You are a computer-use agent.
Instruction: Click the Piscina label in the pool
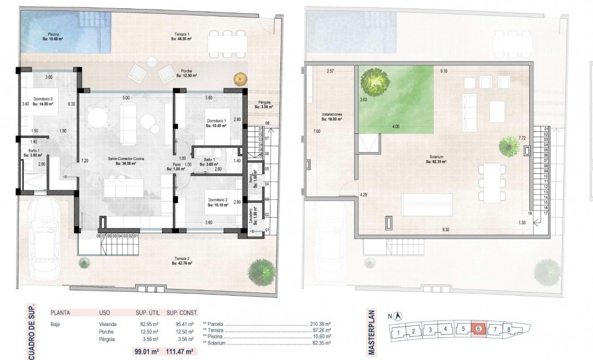(53, 37)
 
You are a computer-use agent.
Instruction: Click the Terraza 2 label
(181, 260)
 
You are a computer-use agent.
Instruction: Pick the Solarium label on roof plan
(436, 160)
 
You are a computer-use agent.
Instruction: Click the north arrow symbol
(398, 316)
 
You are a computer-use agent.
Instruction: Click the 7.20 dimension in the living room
(85, 160)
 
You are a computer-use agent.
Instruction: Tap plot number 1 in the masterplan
(398, 332)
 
